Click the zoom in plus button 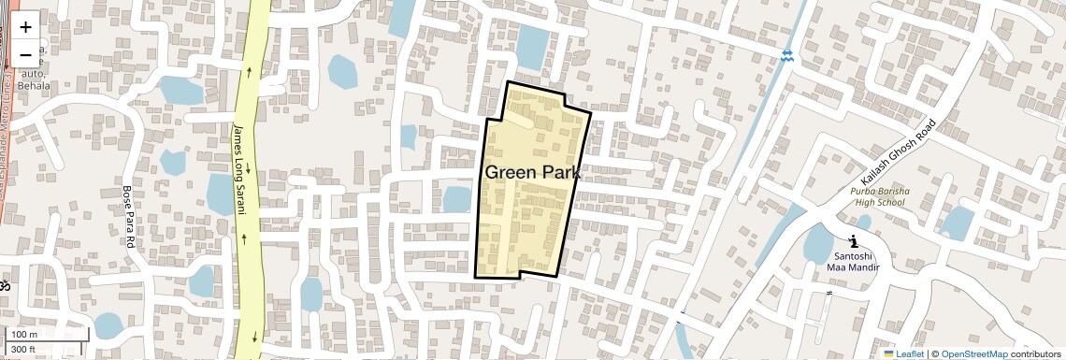tap(25, 26)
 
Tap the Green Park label tap(532, 173)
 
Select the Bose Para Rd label tap(129, 216)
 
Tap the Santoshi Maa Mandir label tap(852, 261)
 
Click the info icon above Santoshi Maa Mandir tap(853, 241)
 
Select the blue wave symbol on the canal tap(787, 56)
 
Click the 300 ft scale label tap(22, 350)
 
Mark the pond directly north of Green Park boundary tap(533, 47)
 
